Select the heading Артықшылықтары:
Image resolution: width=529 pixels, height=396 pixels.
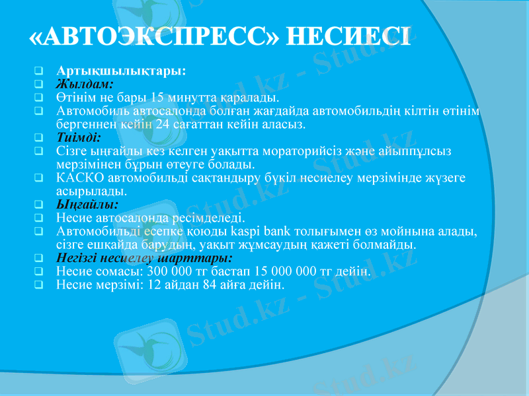pos(121,70)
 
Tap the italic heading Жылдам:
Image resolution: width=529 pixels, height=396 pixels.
pos(85,84)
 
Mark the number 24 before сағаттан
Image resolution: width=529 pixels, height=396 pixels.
pos(165,123)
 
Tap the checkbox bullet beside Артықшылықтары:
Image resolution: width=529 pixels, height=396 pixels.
pos(40,71)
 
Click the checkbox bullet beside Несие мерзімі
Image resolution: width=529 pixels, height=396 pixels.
pos(40,285)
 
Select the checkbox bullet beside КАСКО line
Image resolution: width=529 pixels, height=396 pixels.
pos(40,178)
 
